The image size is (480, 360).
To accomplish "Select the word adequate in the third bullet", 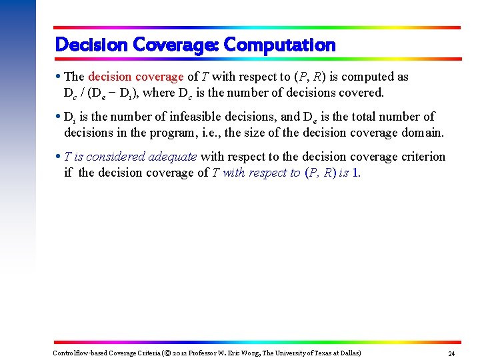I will (172, 157).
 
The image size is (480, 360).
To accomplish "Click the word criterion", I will (420, 157).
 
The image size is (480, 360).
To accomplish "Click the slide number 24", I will (451, 353).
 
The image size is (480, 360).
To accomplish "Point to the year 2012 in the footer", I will (180, 353).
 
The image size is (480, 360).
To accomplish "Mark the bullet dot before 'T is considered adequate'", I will (59, 157).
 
